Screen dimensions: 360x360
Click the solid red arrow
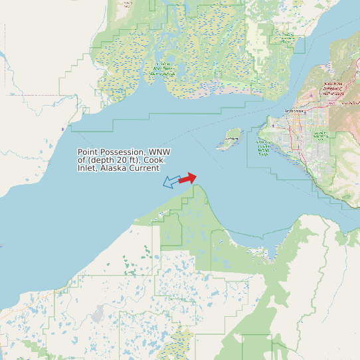tap(188, 178)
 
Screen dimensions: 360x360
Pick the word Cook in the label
tap(153, 160)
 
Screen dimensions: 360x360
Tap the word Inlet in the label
tap(87, 168)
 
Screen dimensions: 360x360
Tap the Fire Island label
tap(231, 139)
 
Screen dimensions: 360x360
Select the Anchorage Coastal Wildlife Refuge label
tap(263, 148)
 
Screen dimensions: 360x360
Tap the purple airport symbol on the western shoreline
tap(62, 128)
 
